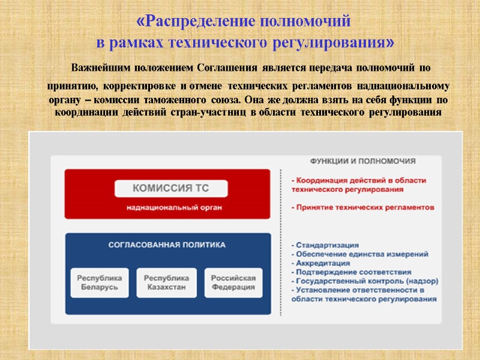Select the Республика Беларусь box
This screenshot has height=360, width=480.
pyautogui.click(x=101, y=283)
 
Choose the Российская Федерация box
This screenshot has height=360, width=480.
pyautogui.click(x=233, y=283)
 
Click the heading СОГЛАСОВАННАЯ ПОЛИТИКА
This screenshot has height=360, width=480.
pyautogui.click(x=167, y=245)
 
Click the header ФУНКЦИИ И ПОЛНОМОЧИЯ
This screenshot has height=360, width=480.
pyautogui.click(x=362, y=161)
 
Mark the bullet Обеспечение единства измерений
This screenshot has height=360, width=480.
pyautogui.click(x=359, y=254)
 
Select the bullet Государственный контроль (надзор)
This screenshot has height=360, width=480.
pyautogui.click(x=364, y=281)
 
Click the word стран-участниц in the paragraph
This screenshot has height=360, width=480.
pyautogui.click(x=218, y=113)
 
